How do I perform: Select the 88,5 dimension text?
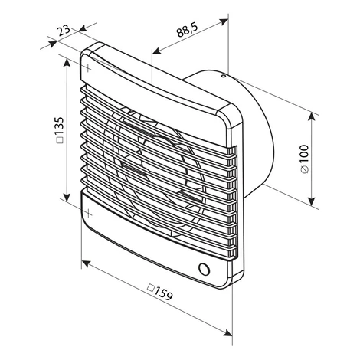pyautogui.click(x=187, y=30)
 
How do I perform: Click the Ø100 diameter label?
pyautogui.click(x=305, y=159)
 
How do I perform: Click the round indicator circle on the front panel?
pyautogui.click(x=204, y=269)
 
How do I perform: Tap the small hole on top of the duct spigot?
pyautogui.click(x=224, y=76)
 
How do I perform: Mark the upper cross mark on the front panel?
pyautogui.click(x=88, y=68)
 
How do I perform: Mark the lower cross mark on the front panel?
pyautogui.click(x=88, y=213)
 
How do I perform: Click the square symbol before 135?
pyautogui.click(x=61, y=140)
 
